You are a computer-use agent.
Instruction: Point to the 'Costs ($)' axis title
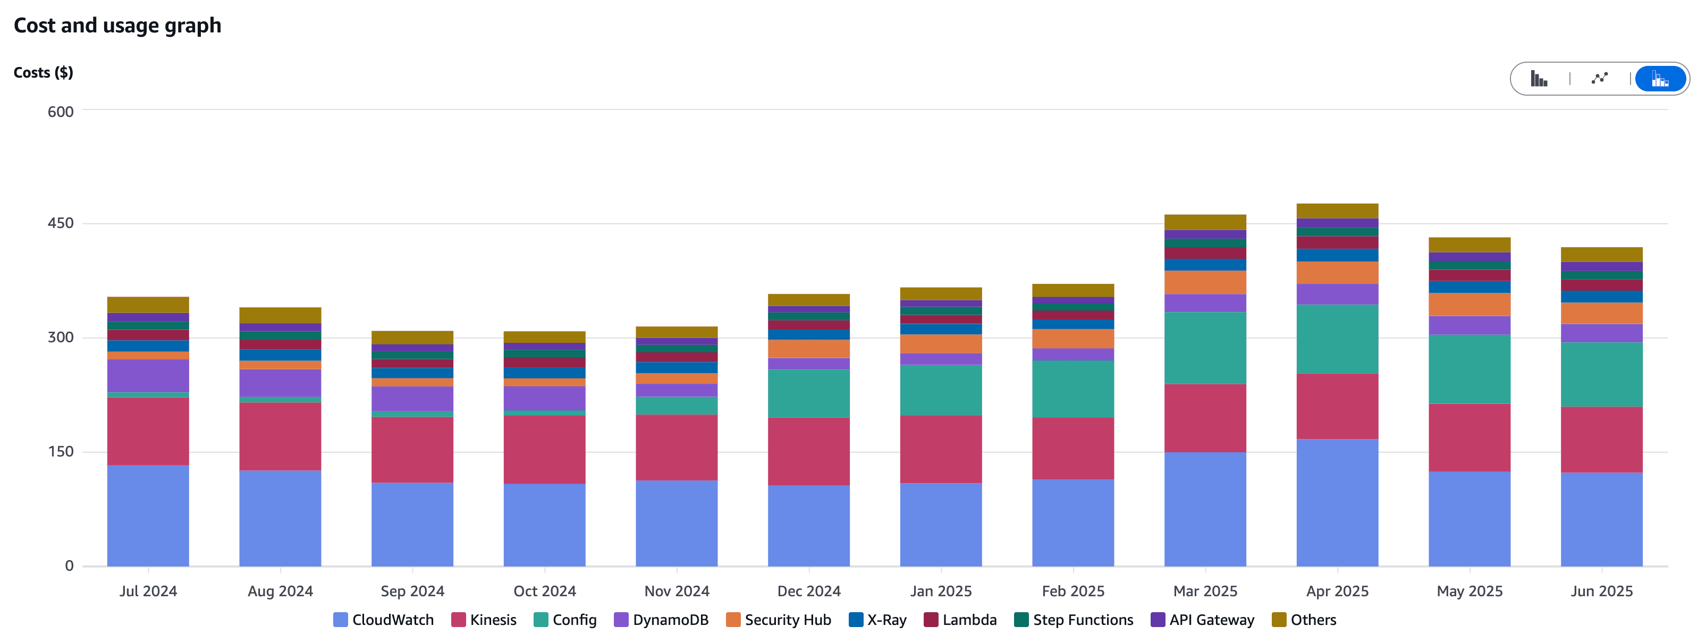click(43, 72)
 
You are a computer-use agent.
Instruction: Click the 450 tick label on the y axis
click(60, 223)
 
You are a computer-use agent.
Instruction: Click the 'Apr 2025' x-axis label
click(1337, 591)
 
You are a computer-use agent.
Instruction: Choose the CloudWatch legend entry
click(384, 620)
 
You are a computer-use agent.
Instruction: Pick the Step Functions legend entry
click(1074, 620)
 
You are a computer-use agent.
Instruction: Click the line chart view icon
click(1599, 79)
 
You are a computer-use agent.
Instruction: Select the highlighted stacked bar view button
click(1660, 79)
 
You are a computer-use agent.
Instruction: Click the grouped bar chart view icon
click(1539, 79)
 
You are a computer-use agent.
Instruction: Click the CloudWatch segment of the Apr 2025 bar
click(1337, 503)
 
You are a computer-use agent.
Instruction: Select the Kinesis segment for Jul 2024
click(148, 431)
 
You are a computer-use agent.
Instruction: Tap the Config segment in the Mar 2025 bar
click(1205, 348)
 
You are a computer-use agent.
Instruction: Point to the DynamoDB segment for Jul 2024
click(148, 376)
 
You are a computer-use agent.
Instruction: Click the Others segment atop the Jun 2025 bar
click(1601, 255)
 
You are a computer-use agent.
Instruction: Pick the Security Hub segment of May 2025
click(1469, 304)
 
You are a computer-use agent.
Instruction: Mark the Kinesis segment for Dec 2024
click(809, 451)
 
